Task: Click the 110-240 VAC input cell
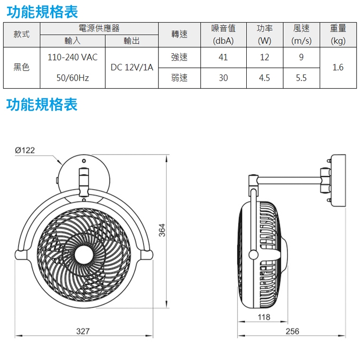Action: pos(72,58)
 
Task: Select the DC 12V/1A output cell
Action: pos(132,68)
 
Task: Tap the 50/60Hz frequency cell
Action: pos(73,78)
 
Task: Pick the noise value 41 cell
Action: pos(223,58)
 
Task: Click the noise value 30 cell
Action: pos(223,78)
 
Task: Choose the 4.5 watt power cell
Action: pos(264,78)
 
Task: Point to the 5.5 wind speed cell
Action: pos(301,78)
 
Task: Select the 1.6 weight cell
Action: pos(338,68)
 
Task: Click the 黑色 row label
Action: pos(22,68)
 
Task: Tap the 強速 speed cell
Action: pos(179,58)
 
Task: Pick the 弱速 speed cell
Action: pos(179,78)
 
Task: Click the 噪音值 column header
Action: pos(223,35)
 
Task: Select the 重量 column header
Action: pos(338,35)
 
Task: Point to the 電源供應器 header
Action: pos(99,29)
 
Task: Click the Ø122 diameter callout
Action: pos(25,151)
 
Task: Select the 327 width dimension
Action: pos(84,331)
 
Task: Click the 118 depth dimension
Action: pos(264,317)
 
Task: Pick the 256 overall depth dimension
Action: pos(292,331)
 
